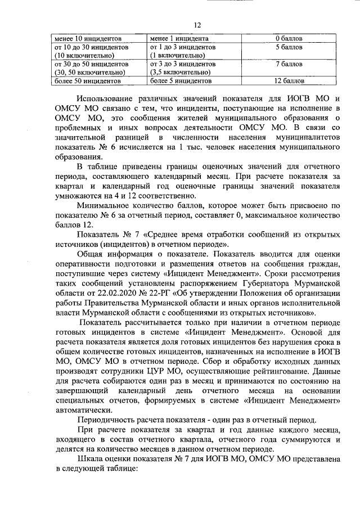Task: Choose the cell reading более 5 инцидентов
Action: pos(178,80)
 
